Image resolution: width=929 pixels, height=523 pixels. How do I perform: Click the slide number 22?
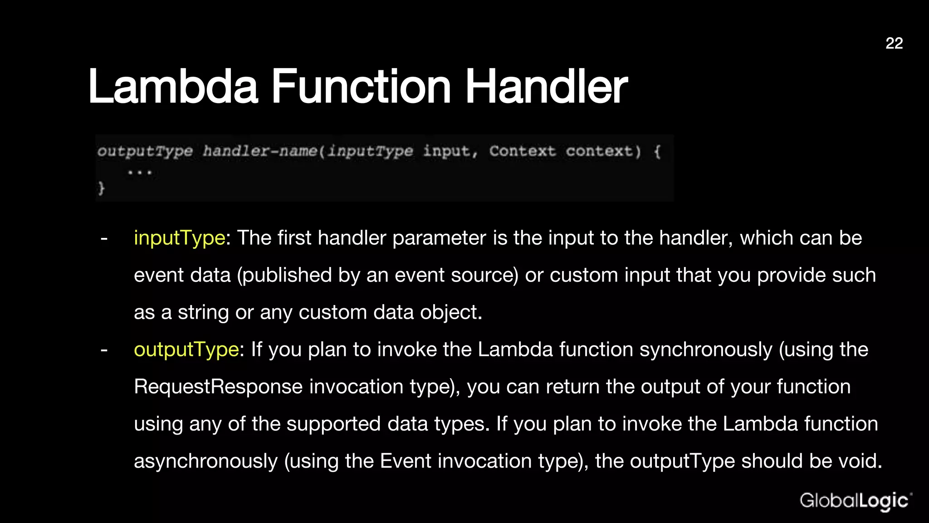pos(894,43)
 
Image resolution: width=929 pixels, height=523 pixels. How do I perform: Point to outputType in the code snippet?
pos(145,151)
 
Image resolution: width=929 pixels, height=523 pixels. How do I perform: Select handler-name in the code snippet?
pos(259,151)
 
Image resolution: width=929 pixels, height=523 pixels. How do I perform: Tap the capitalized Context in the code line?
pos(522,151)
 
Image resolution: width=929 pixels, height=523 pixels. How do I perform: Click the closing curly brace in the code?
pos(101,187)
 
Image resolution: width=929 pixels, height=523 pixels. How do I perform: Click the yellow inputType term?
pos(179,238)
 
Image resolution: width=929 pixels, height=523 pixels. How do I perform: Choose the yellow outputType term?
pos(186,350)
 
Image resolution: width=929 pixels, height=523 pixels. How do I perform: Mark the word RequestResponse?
pos(218,387)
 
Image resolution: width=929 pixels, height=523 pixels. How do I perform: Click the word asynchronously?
pos(205,461)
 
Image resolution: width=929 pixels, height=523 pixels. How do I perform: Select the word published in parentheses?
pos(284,275)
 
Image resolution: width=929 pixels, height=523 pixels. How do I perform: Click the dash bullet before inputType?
pos(104,238)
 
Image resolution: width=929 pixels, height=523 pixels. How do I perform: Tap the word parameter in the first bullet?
pos(439,238)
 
